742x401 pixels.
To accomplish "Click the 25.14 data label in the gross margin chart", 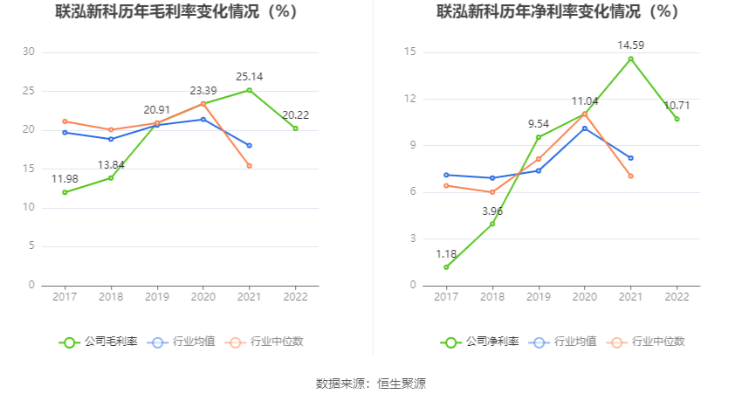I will pyautogui.click(x=249, y=77).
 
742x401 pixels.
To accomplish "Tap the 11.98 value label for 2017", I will pyautogui.click(x=65, y=179).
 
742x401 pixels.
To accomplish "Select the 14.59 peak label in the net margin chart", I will pyautogui.click(x=630, y=45).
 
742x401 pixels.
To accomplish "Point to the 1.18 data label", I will pyautogui.click(x=446, y=253).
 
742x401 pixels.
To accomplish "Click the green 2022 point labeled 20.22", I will pyautogui.click(x=295, y=128).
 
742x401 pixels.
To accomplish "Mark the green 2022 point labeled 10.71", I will pyautogui.click(x=677, y=119).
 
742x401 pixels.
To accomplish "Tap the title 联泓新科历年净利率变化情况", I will pyautogui.click(x=558, y=12).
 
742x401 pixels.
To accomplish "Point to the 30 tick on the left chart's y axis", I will pyautogui.click(x=29, y=52).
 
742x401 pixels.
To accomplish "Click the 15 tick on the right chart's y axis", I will pyautogui.click(x=409, y=52).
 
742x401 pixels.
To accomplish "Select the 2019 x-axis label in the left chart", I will pyautogui.click(x=156, y=297).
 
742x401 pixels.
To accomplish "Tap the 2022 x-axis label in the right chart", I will pyautogui.click(x=677, y=297).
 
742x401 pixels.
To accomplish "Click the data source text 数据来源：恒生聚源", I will pyautogui.click(x=371, y=384).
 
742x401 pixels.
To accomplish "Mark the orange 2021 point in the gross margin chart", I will pyautogui.click(x=249, y=166).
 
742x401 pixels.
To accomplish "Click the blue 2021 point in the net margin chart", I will pyautogui.click(x=630, y=158).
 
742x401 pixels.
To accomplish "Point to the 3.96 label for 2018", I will pyautogui.click(x=492, y=211).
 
